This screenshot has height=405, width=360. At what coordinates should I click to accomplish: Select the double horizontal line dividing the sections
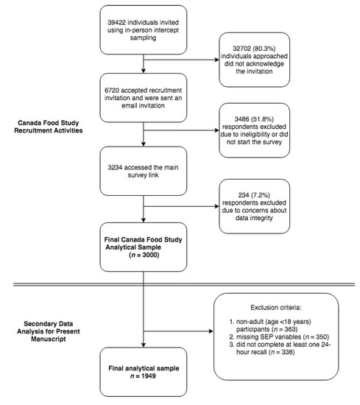180,284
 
